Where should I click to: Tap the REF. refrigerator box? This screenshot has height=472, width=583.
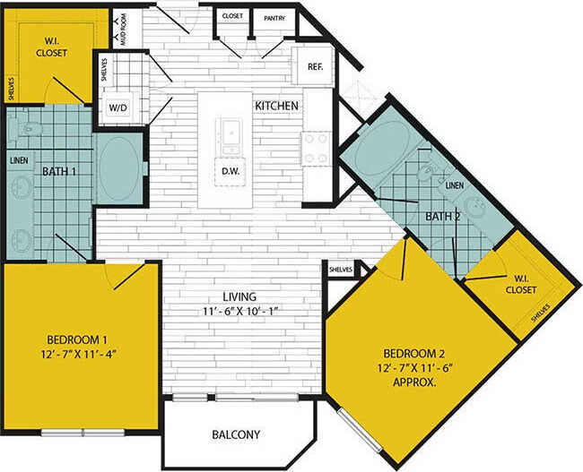tap(315, 66)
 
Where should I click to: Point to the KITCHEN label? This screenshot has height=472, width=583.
tap(276, 106)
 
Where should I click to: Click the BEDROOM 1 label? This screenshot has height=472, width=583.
tap(77, 339)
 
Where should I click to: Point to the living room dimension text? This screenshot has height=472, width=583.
tap(240, 312)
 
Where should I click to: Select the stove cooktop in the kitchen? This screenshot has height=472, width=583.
tap(316, 149)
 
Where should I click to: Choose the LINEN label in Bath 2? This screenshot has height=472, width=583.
tap(455, 185)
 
